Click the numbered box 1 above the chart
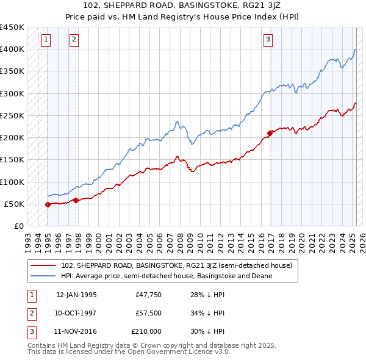pyautogui.click(x=46, y=40)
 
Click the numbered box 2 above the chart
pyautogui.click(x=74, y=40)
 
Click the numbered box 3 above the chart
pyautogui.click(x=268, y=40)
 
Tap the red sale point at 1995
pyautogui.click(x=48, y=204)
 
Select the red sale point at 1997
pyautogui.click(x=76, y=200)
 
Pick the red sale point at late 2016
pyautogui.click(x=270, y=132)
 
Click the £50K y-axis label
pyautogui.click(x=14, y=204)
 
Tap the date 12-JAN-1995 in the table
pyautogui.click(x=76, y=295)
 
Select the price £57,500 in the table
pyautogui.click(x=148, y=312)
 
